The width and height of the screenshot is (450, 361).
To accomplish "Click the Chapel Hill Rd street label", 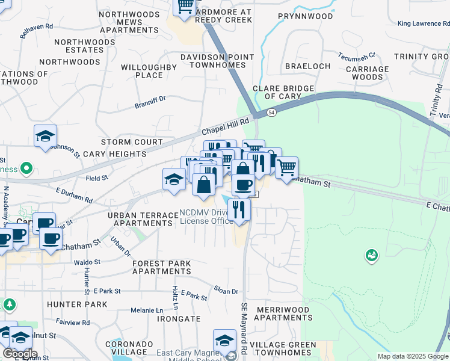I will point(226,127).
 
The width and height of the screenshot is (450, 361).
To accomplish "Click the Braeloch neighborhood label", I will point(307,66).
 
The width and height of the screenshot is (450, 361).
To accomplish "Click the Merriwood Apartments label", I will point(283,313).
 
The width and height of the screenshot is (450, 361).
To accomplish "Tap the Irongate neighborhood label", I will point(178,319).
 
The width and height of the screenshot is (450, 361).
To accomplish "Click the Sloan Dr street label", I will point(226,291).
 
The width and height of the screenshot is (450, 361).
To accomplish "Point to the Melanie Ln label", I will point(147,310).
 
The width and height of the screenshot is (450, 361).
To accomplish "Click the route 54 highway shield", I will point(272,113).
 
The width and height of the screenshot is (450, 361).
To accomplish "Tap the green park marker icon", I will point(371,256).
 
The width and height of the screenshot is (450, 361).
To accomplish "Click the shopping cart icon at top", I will point(185,6).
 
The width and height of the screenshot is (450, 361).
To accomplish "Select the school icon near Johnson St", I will point(45,136).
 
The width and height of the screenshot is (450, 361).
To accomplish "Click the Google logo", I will point(20,354).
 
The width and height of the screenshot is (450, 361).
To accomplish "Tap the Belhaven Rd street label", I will point(37,31).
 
